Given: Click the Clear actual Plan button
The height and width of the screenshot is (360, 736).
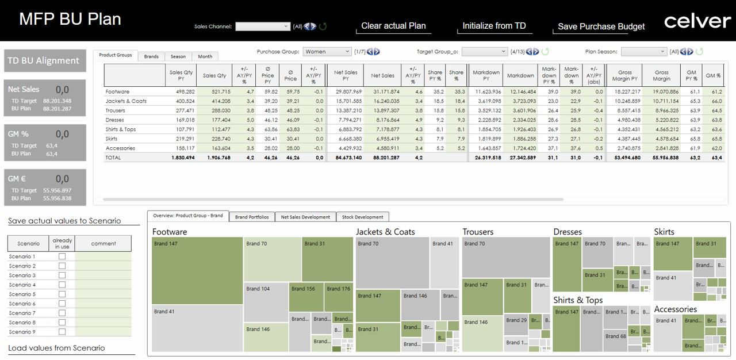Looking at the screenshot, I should pyautogui.click(x=393, y=26).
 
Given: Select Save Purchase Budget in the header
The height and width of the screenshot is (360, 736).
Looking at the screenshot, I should pyautogui.click(x=601, y=26).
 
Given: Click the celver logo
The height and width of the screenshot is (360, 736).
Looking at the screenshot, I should pyautogui.click(x=697, y=21).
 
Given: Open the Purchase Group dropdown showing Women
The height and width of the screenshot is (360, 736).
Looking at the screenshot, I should pyautogui.click(x=327, y=52).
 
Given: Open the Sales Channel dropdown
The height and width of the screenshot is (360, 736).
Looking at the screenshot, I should pyautogui.click(x=263, y=26).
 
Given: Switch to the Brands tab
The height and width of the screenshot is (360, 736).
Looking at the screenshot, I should pyautogui.click(x=151, y=56).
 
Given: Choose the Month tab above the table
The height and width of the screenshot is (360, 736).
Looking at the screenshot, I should pyautogui.click(x=205, y=56).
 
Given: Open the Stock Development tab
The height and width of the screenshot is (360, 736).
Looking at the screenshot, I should pyautogui.click(x=362, y=217).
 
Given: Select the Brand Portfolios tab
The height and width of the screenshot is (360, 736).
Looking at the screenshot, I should pyautogui.click(x=252, y=217).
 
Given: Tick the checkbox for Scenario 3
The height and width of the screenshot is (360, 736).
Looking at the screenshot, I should pyautogui.click(x=62, y=275).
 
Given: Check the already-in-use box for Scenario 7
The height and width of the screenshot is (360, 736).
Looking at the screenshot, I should pyautogui.click(x=62, y=313).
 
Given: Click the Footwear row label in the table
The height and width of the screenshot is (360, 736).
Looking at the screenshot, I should pyautogui.click(x=117, y=91).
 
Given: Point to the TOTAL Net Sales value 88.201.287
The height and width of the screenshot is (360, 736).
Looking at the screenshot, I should pyautogui.click(x=382, y=158).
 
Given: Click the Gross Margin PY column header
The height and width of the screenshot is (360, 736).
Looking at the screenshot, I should pyautogui.click(x=625, y=75).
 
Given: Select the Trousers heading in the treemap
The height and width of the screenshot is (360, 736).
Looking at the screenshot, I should pyautogui.click(x=478, y=232).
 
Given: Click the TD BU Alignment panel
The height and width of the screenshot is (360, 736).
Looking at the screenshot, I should pyautogui.click(x=45, y=60).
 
